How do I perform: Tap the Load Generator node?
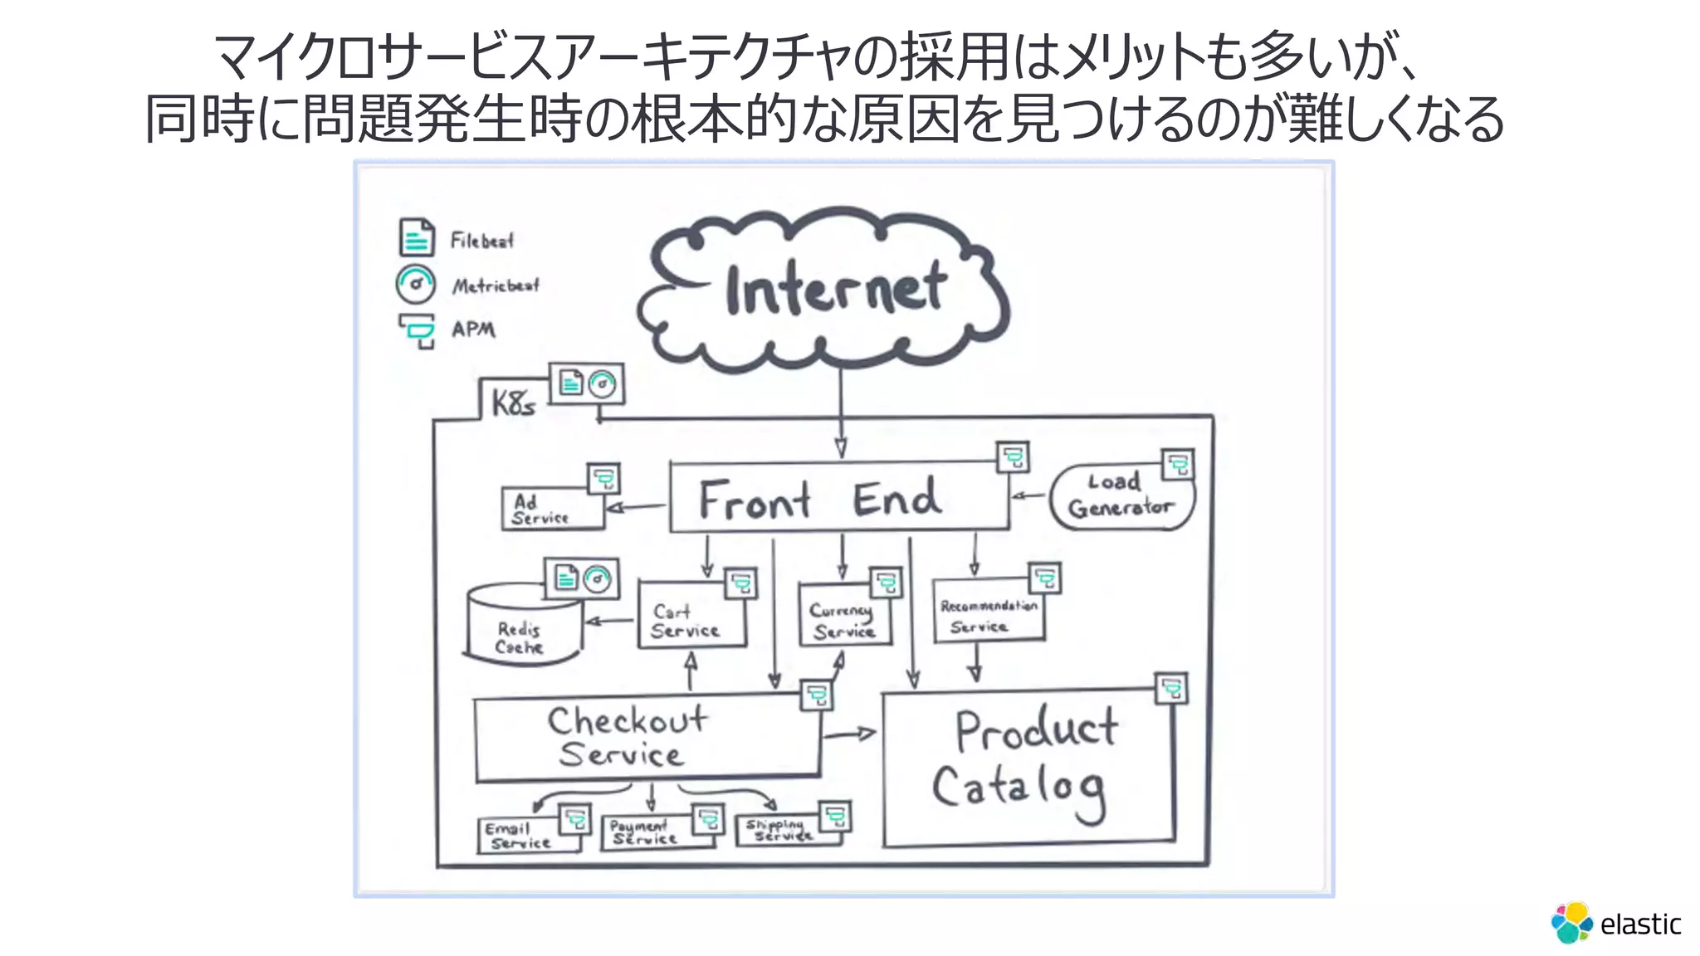[x=1121, y=497]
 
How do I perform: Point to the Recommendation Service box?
[x=988, y=614]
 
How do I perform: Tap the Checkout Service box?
[x=639, y=737]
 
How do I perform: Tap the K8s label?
[x=512, y=403]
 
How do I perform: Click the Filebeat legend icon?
[x=416, y=238]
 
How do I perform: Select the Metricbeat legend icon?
[x=415, y=285]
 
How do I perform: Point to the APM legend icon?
[x=417, y=330]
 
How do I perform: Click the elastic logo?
[x=1615, y=923]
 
